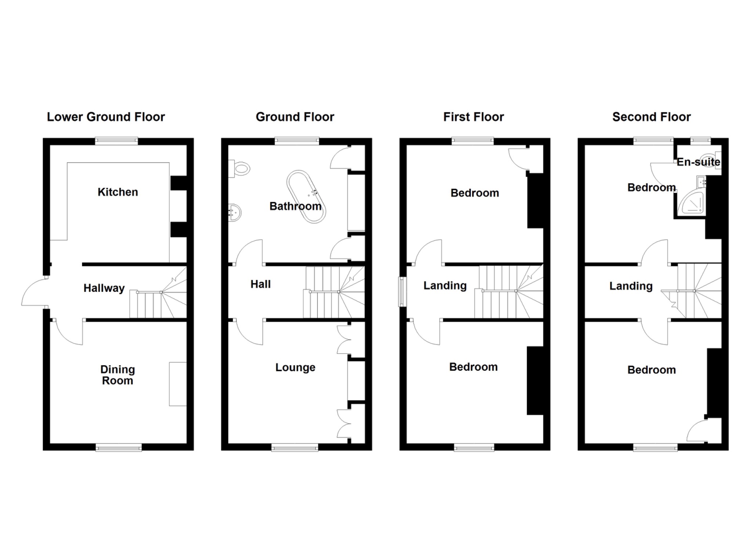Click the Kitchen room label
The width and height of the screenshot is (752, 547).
pyautogui.click(x=117, y=192)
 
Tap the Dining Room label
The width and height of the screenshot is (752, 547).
pyautogui.click(x=117, y=375)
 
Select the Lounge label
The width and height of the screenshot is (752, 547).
pyautogui.click(x=295, y=367)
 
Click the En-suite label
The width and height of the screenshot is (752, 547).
pyautogui.click(x=698, y=162)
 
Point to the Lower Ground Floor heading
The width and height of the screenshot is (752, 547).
pyautogui.click(x=106, y=117)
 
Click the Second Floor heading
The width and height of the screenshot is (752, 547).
pyautogui.click(x=651, y=117)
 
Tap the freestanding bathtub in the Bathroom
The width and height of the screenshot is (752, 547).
pyautogui.click(x=306, y=197)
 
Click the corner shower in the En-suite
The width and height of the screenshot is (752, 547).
pyautogui.click(x=691, y=203)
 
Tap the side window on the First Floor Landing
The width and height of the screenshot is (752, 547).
pyautogui.click(x=403, y=292)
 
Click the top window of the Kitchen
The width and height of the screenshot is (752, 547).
pyautogui.click(x=116, y=141)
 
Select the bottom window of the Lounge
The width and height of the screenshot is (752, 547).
pyautogui.click(x=295, y=447)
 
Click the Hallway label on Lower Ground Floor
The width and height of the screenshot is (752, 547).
pyautogui.click(x=104, y=288)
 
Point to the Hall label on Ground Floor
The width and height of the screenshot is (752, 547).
pyautogui.click(x=260, y=284)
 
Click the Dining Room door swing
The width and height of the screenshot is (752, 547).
pyautogui.click(x=69, y=332)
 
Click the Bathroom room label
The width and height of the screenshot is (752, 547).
pyautogui.click(x=295, y=206)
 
